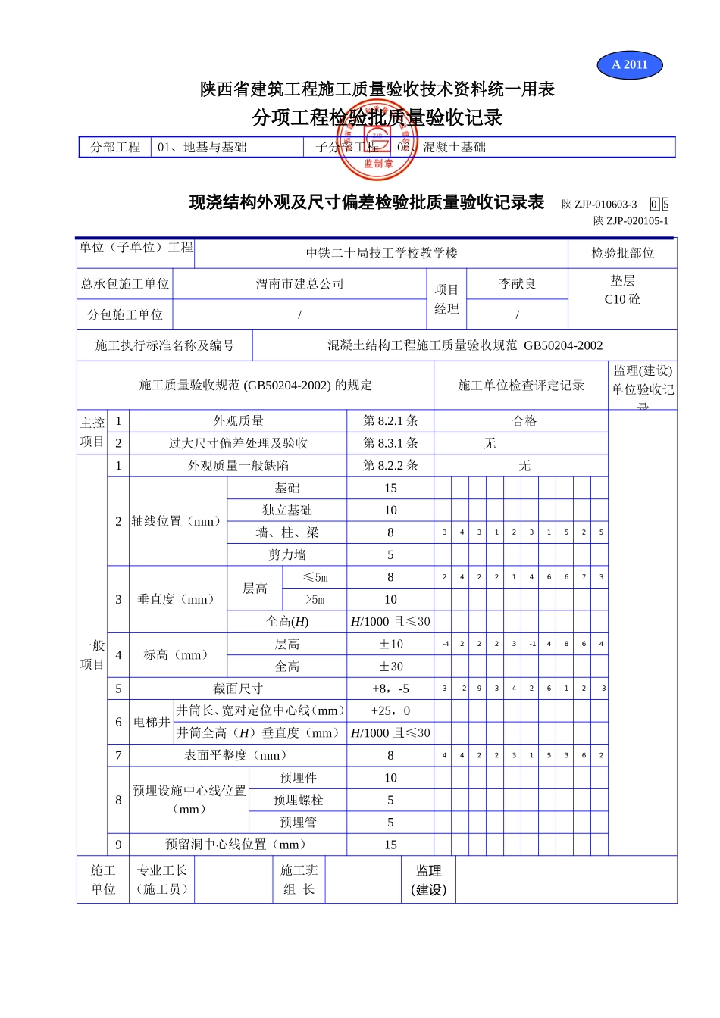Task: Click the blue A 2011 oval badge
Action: coord(630,64)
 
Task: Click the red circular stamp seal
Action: coord(377,140)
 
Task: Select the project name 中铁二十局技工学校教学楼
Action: coord(381,253)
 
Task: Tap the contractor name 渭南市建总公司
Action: coord(299,284)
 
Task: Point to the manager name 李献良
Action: coord(517,284)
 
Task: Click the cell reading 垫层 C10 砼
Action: coord(622,290)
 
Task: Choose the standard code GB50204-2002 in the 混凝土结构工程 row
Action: coord(563,345)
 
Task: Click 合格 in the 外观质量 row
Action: coord(524,421)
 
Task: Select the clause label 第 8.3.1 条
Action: coord(390,443)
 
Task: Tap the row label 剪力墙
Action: coord(286,555)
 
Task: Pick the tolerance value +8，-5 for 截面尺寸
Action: coord(390,689)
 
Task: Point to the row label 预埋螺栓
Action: coord(298,800)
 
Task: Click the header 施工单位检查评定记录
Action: coord(521,386)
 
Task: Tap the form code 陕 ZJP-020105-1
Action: coord(631,221)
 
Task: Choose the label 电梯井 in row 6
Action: coord(152,722)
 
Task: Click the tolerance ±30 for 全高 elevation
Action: coord(390,667)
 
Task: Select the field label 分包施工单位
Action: coord(125,314)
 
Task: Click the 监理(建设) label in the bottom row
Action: coord(428,880)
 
